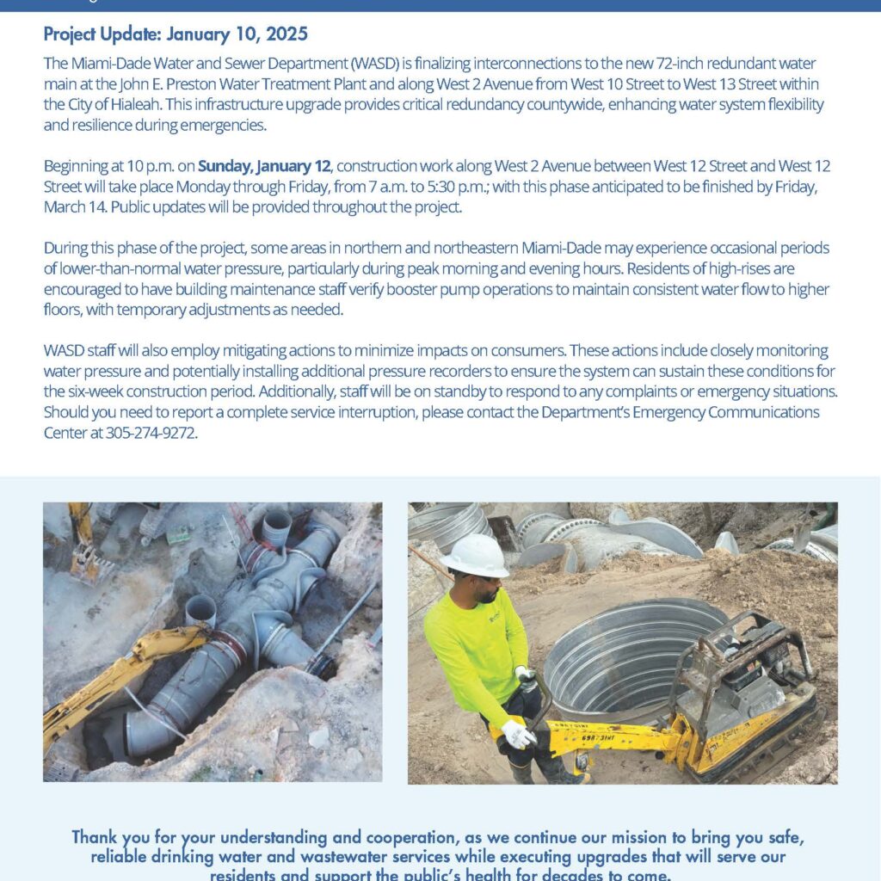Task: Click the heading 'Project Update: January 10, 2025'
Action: [x=175, y=35]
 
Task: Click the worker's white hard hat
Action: [x=473, y=556]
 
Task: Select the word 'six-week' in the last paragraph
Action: [x=71, y=391]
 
